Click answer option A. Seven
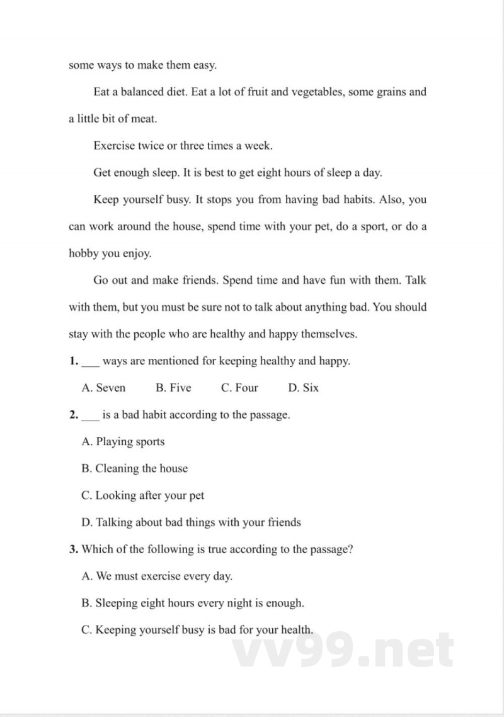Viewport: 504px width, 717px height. coord(103,388)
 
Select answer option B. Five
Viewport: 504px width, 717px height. coord(173,388)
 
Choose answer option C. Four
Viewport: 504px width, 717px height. coord(239,388)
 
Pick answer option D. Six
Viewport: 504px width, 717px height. coord(303,388)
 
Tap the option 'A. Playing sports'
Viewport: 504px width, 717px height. coord(123,441)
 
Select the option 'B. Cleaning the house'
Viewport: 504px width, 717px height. coord(134,469)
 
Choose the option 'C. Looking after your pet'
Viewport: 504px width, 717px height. coord(142,496)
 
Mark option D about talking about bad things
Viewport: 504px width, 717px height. coord(191,522)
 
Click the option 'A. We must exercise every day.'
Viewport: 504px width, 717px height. coord(157,576)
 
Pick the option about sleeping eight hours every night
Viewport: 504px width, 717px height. coord(193,603)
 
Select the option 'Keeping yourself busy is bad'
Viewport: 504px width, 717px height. coord(197,629)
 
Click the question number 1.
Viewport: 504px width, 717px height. coord(73,361)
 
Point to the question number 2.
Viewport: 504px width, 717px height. coord(73,415)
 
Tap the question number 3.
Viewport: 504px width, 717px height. coord(73,549)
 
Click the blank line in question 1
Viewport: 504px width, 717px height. coord(91,364)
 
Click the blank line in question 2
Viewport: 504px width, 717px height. coord(91,418)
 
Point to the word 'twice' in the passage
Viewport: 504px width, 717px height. coord(149,146)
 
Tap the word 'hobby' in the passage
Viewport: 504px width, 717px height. coord(84,254)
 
